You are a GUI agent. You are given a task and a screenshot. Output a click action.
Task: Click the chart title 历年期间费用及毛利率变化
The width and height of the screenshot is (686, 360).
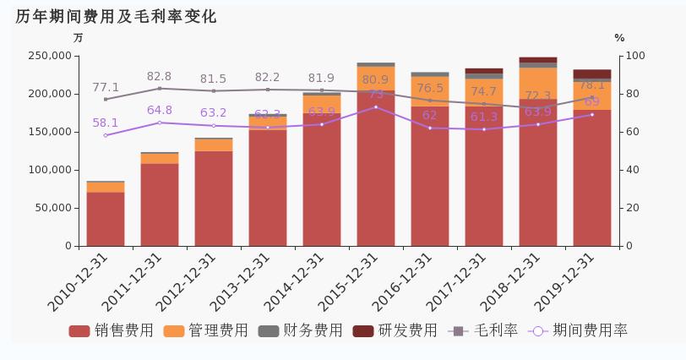(116, 17)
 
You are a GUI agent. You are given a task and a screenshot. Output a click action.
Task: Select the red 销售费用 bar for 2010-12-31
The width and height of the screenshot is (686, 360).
(106, 219)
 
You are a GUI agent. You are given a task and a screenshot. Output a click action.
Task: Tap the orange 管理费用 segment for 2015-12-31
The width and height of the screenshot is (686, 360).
(376, 78)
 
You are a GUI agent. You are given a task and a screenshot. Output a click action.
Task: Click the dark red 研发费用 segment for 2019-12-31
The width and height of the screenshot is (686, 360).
(592, 74)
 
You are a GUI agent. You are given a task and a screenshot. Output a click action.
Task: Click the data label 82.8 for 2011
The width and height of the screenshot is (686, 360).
(159, 77)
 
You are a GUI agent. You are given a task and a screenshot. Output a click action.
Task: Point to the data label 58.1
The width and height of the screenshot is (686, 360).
(106, 123)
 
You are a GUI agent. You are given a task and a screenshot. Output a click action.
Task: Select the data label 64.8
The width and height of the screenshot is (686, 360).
(159, 111)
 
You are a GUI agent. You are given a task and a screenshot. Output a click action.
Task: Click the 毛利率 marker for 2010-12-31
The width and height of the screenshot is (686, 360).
(106, 99)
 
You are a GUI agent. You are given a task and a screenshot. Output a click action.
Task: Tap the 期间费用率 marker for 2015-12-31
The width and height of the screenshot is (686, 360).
(376, 107)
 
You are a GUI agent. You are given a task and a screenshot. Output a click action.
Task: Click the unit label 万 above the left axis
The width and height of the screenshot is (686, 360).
(78, 38)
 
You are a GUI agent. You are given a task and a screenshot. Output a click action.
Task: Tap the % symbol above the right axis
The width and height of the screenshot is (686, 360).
(619, 38)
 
